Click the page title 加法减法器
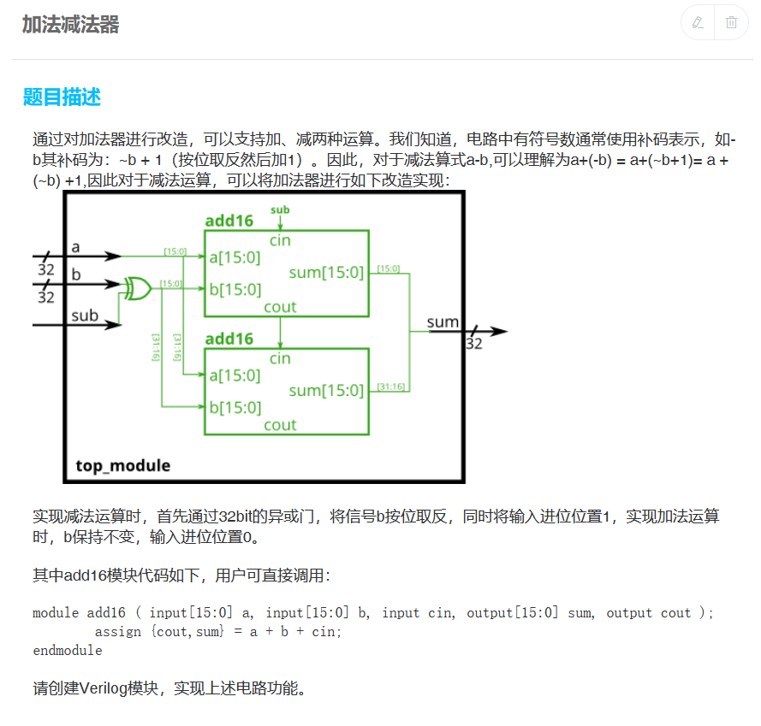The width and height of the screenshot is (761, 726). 70,25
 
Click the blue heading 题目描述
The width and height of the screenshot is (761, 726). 62,97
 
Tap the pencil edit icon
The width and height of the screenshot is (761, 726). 698,22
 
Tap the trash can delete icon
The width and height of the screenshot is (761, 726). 731,22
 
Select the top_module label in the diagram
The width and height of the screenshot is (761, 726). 122,466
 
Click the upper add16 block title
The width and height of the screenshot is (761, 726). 229,221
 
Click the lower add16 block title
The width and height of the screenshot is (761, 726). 229,339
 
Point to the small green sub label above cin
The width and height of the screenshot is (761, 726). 280,210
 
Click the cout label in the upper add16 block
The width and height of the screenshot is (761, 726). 280,307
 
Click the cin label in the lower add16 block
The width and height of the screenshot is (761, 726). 280,358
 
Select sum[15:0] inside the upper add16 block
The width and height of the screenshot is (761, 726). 326,273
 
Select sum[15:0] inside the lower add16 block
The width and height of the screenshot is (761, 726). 326,391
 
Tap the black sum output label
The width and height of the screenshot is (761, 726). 443,322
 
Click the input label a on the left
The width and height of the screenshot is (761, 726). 75,247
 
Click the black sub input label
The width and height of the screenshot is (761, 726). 85,316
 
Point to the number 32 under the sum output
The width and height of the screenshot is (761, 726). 473,344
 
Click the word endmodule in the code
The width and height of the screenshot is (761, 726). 67,651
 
